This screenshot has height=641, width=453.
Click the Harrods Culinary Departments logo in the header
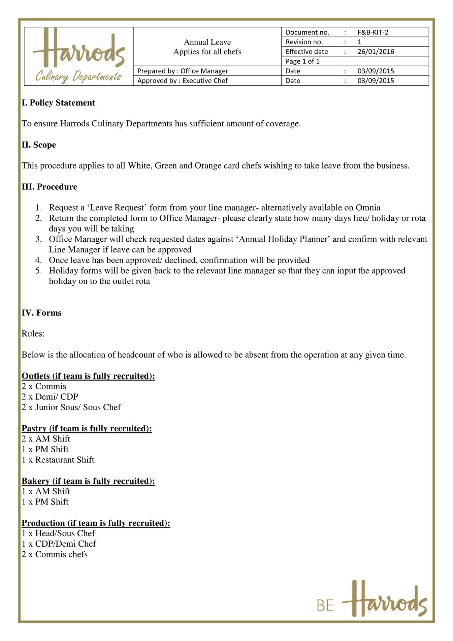79,56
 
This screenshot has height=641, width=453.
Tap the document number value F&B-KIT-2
373,32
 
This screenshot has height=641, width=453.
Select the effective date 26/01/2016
376,52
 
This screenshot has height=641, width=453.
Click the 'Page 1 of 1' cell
302,61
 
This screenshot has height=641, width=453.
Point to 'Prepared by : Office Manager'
183,71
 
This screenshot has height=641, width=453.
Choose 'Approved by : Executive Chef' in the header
182,81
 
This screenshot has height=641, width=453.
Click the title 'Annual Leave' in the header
207,42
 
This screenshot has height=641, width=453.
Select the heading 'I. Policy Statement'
58,103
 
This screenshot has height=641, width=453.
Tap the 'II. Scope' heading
39,145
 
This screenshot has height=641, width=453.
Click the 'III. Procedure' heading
49,187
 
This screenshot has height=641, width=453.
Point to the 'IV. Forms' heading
41,313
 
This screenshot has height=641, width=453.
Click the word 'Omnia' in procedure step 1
368,208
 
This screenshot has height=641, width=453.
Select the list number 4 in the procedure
38,260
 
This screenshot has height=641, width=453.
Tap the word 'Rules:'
33,334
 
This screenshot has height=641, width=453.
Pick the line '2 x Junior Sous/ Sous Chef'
71,407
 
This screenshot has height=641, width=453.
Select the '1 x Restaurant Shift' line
58,460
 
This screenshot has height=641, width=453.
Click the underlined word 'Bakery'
36,481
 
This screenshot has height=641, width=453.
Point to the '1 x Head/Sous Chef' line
58,533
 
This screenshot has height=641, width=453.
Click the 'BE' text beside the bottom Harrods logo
325,606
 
